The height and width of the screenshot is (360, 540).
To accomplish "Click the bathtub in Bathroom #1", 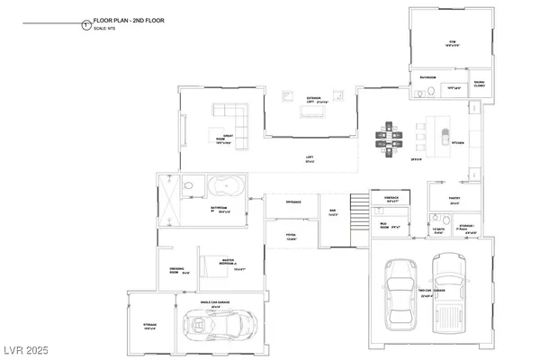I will coord(223,188).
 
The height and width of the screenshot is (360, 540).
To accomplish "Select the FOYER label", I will coord(292,237).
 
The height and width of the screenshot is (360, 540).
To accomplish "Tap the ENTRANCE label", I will coord(293,202).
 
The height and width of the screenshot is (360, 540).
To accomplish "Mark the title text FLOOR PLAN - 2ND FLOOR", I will coord(127,20).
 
